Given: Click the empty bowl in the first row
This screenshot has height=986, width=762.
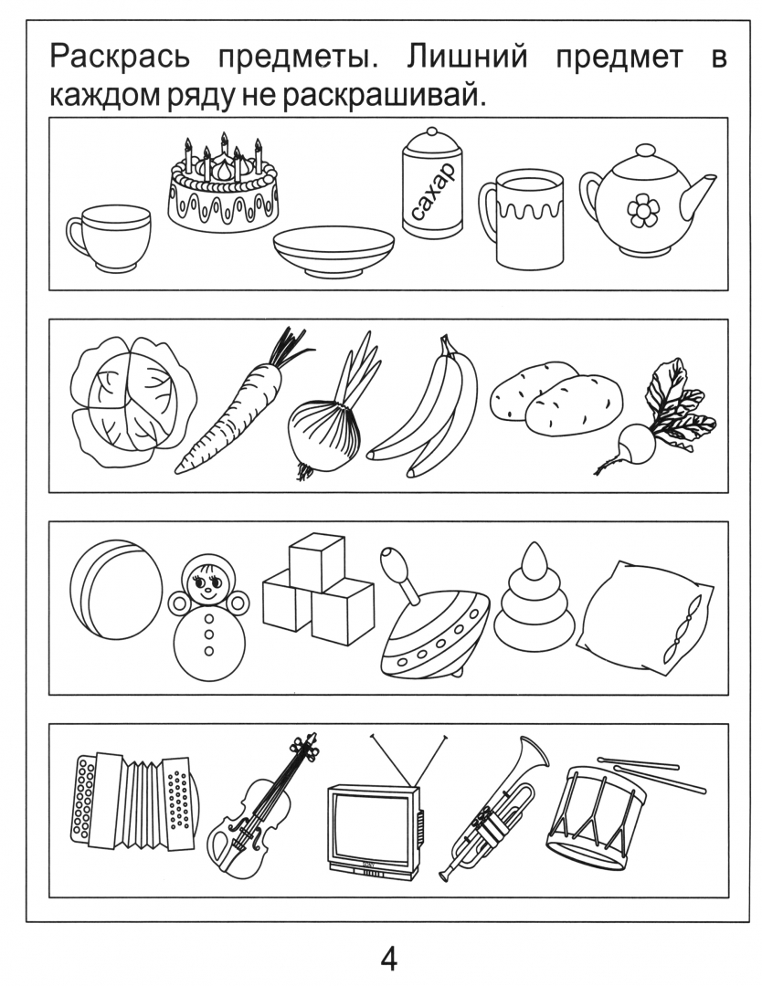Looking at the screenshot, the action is tap(333, 250).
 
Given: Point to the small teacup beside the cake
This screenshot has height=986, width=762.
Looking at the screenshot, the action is tap(108, 237).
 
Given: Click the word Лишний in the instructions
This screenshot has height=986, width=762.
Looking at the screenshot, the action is tap(466, 57).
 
